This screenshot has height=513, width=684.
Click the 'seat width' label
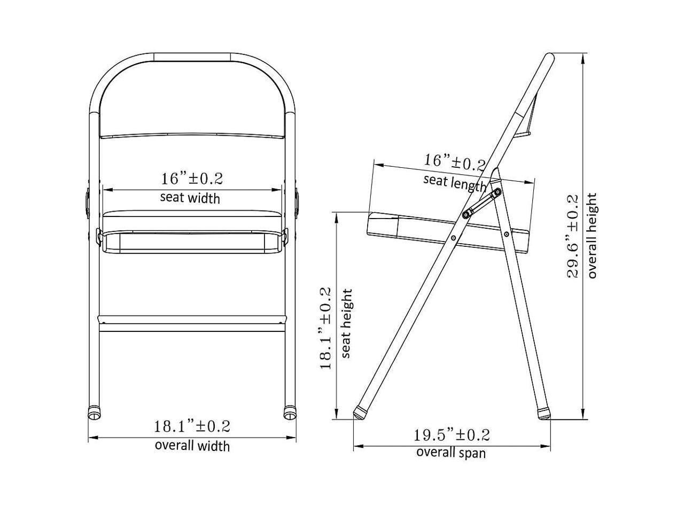point(190,198)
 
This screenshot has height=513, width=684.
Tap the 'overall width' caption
point(192,446)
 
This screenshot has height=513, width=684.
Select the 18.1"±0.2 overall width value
point(192,426)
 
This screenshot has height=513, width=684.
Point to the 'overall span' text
point(451,453)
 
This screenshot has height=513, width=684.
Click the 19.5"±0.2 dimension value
point(452,435)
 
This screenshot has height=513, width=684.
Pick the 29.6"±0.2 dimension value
point(572,236)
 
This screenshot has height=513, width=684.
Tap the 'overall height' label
point(592,236)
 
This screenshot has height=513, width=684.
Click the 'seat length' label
point(455,183)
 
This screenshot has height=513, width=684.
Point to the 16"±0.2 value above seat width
point(192,178)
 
